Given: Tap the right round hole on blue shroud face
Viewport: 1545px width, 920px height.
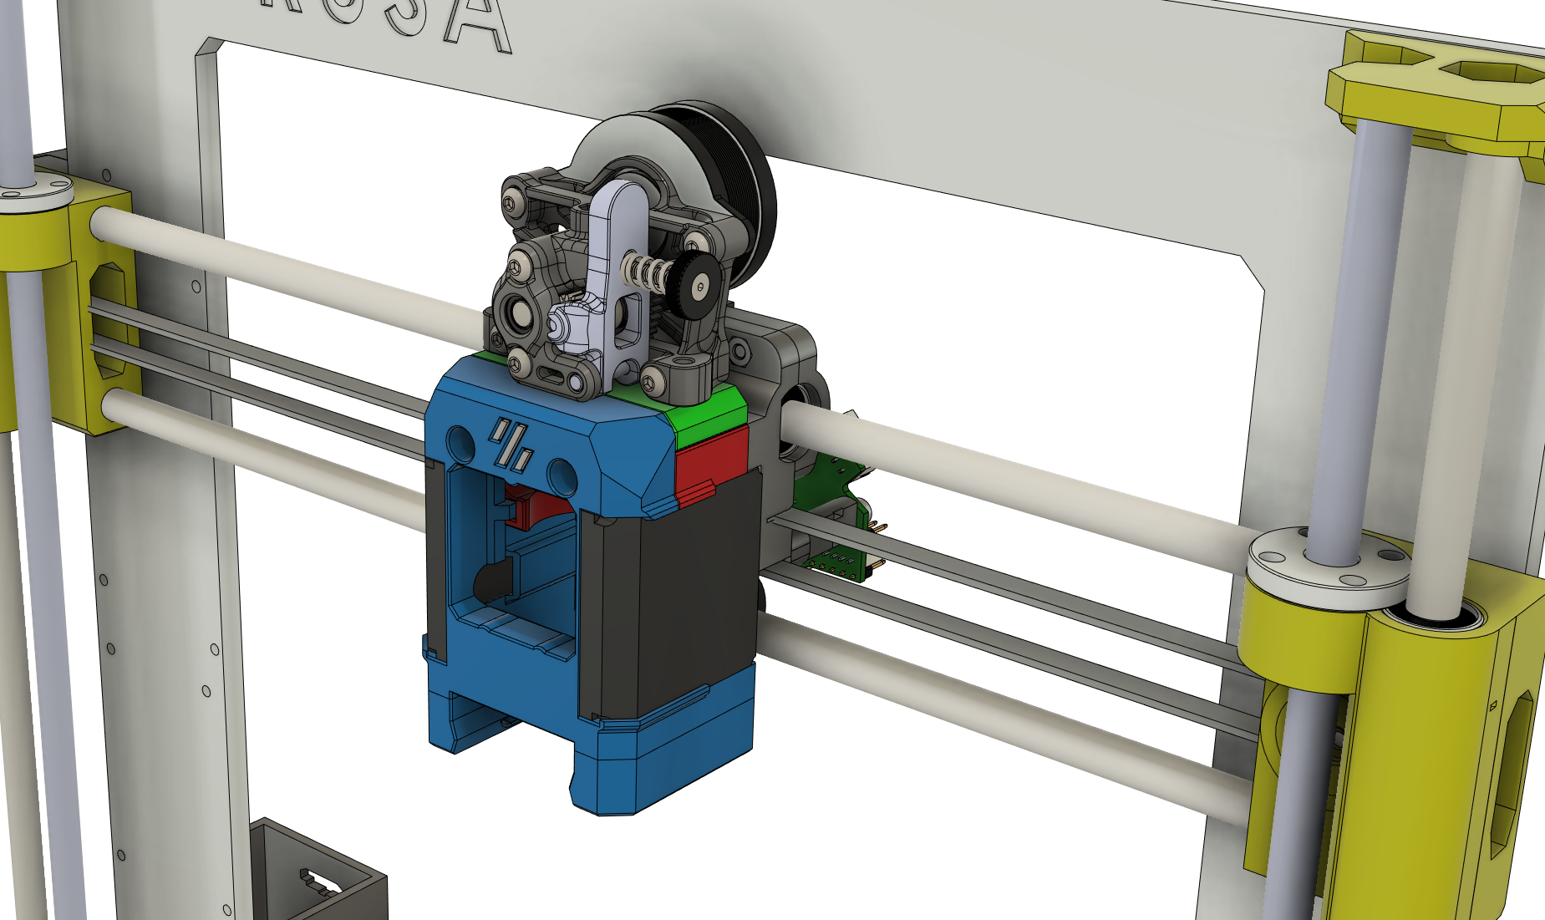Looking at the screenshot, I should click(x=561, y=474).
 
